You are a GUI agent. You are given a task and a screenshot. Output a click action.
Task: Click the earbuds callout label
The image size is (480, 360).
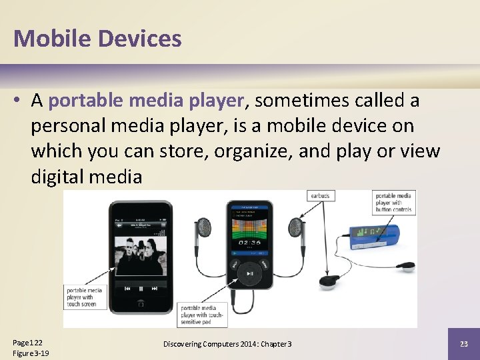319,196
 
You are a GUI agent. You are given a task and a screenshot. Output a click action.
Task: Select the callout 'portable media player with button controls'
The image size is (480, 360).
393,203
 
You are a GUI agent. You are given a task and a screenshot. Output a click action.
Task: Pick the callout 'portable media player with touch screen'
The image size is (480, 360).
85,297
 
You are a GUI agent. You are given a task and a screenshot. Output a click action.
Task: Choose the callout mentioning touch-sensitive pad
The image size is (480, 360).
203,315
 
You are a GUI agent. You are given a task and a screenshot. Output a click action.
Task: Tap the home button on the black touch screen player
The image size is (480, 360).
141,304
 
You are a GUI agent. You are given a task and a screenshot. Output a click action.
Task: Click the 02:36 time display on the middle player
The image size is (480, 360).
249,243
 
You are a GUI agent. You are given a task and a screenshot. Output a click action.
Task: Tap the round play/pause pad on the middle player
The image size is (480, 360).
249,273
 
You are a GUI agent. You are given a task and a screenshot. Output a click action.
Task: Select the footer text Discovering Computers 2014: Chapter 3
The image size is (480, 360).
228,343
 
